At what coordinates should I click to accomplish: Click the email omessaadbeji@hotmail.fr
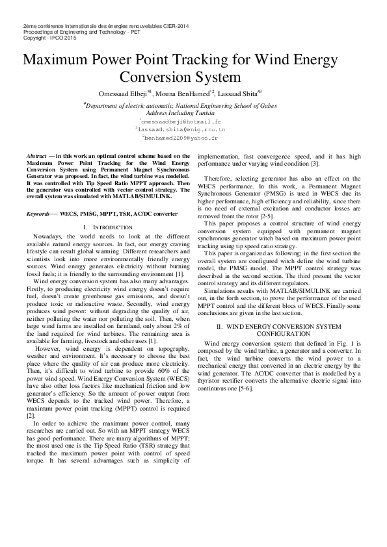(180, 121)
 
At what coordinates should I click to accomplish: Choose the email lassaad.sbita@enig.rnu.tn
(180, 129)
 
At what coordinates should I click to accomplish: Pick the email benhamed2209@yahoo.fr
(181, 138)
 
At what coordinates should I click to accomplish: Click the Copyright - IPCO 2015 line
(49, 38)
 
